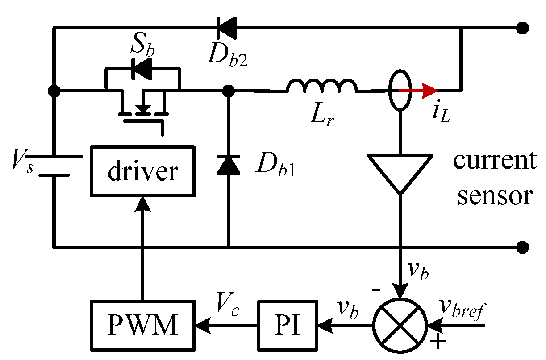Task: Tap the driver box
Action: click(x=143, y=171)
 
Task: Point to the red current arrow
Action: click(x=420, y=91)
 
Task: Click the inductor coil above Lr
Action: click(x=322, y=86)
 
